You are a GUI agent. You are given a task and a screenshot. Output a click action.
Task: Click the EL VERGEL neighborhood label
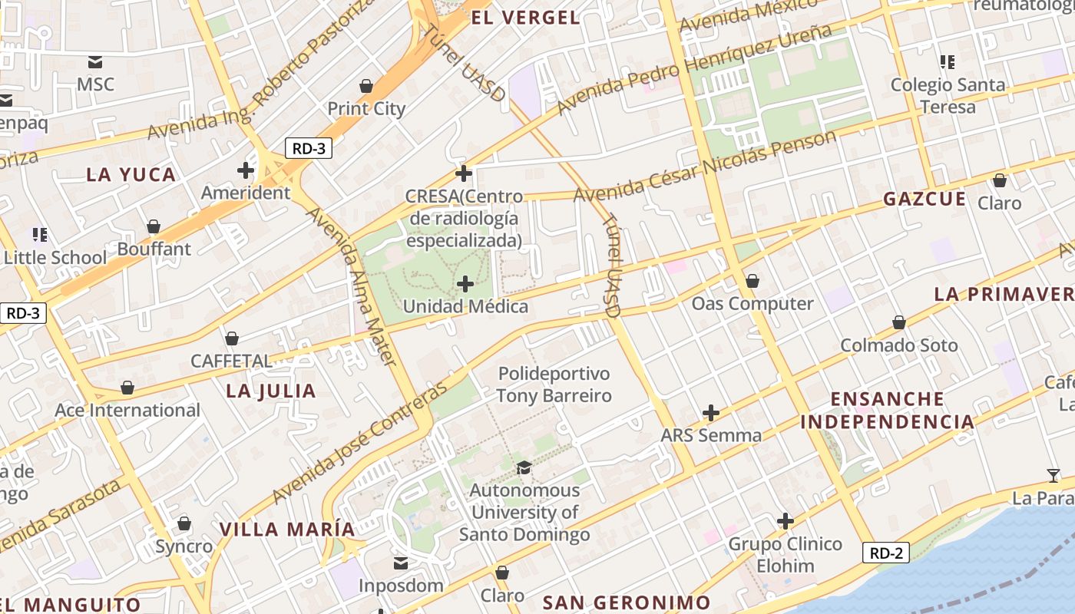pyautogui.click(x=525, y=18)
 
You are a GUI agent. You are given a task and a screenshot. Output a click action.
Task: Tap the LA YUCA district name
pyautogui.click(x=131, y=174)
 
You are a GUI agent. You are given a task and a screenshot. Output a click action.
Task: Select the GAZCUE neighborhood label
pyautogui.click(x=925, y=199)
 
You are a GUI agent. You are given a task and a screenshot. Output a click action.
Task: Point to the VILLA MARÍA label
pyautogui.click(x=287, y=529)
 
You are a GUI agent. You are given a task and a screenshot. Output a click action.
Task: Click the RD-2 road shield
pyautogui.click(x=885, y=553)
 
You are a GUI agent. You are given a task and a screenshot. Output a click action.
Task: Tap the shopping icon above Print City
pyautogui.click(x=366, y=85)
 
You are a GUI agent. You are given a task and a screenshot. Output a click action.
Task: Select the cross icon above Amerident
pyautogui.click(x=246, y=170)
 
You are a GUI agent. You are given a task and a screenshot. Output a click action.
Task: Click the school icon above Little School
pyautogui.click(x=40, y=234)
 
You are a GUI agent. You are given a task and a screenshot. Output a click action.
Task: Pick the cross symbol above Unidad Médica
pyautogui.click(x=465, y=285)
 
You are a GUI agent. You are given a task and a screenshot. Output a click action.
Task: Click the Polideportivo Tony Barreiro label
pyautogui.click(x=554, y=385)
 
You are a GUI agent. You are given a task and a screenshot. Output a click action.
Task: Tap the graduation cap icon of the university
pyautogui.click(x=524, y=467)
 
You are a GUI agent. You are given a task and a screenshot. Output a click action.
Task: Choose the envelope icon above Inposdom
pyautogui.click(x=401, y=564)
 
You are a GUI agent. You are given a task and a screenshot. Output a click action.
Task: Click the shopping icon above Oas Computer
pyautogui.click(x=752, y=281)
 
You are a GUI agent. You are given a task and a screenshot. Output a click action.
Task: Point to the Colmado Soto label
pyautogui.click(x=899, y=345)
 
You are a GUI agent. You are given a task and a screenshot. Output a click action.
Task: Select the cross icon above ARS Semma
pyautogui.click(x=711, y=413)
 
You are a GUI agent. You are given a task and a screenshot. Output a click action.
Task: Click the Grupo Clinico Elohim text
pyautogui.click(x=785, y=555)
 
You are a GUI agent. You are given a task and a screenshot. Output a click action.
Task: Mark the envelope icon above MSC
pyautogui.click(x=95, y=62)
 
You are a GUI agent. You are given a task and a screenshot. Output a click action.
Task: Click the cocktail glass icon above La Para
pyautogui.click(x=1053, y=476)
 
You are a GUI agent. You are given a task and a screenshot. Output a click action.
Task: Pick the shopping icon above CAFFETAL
pyautogui.click(x=231, y=338)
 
